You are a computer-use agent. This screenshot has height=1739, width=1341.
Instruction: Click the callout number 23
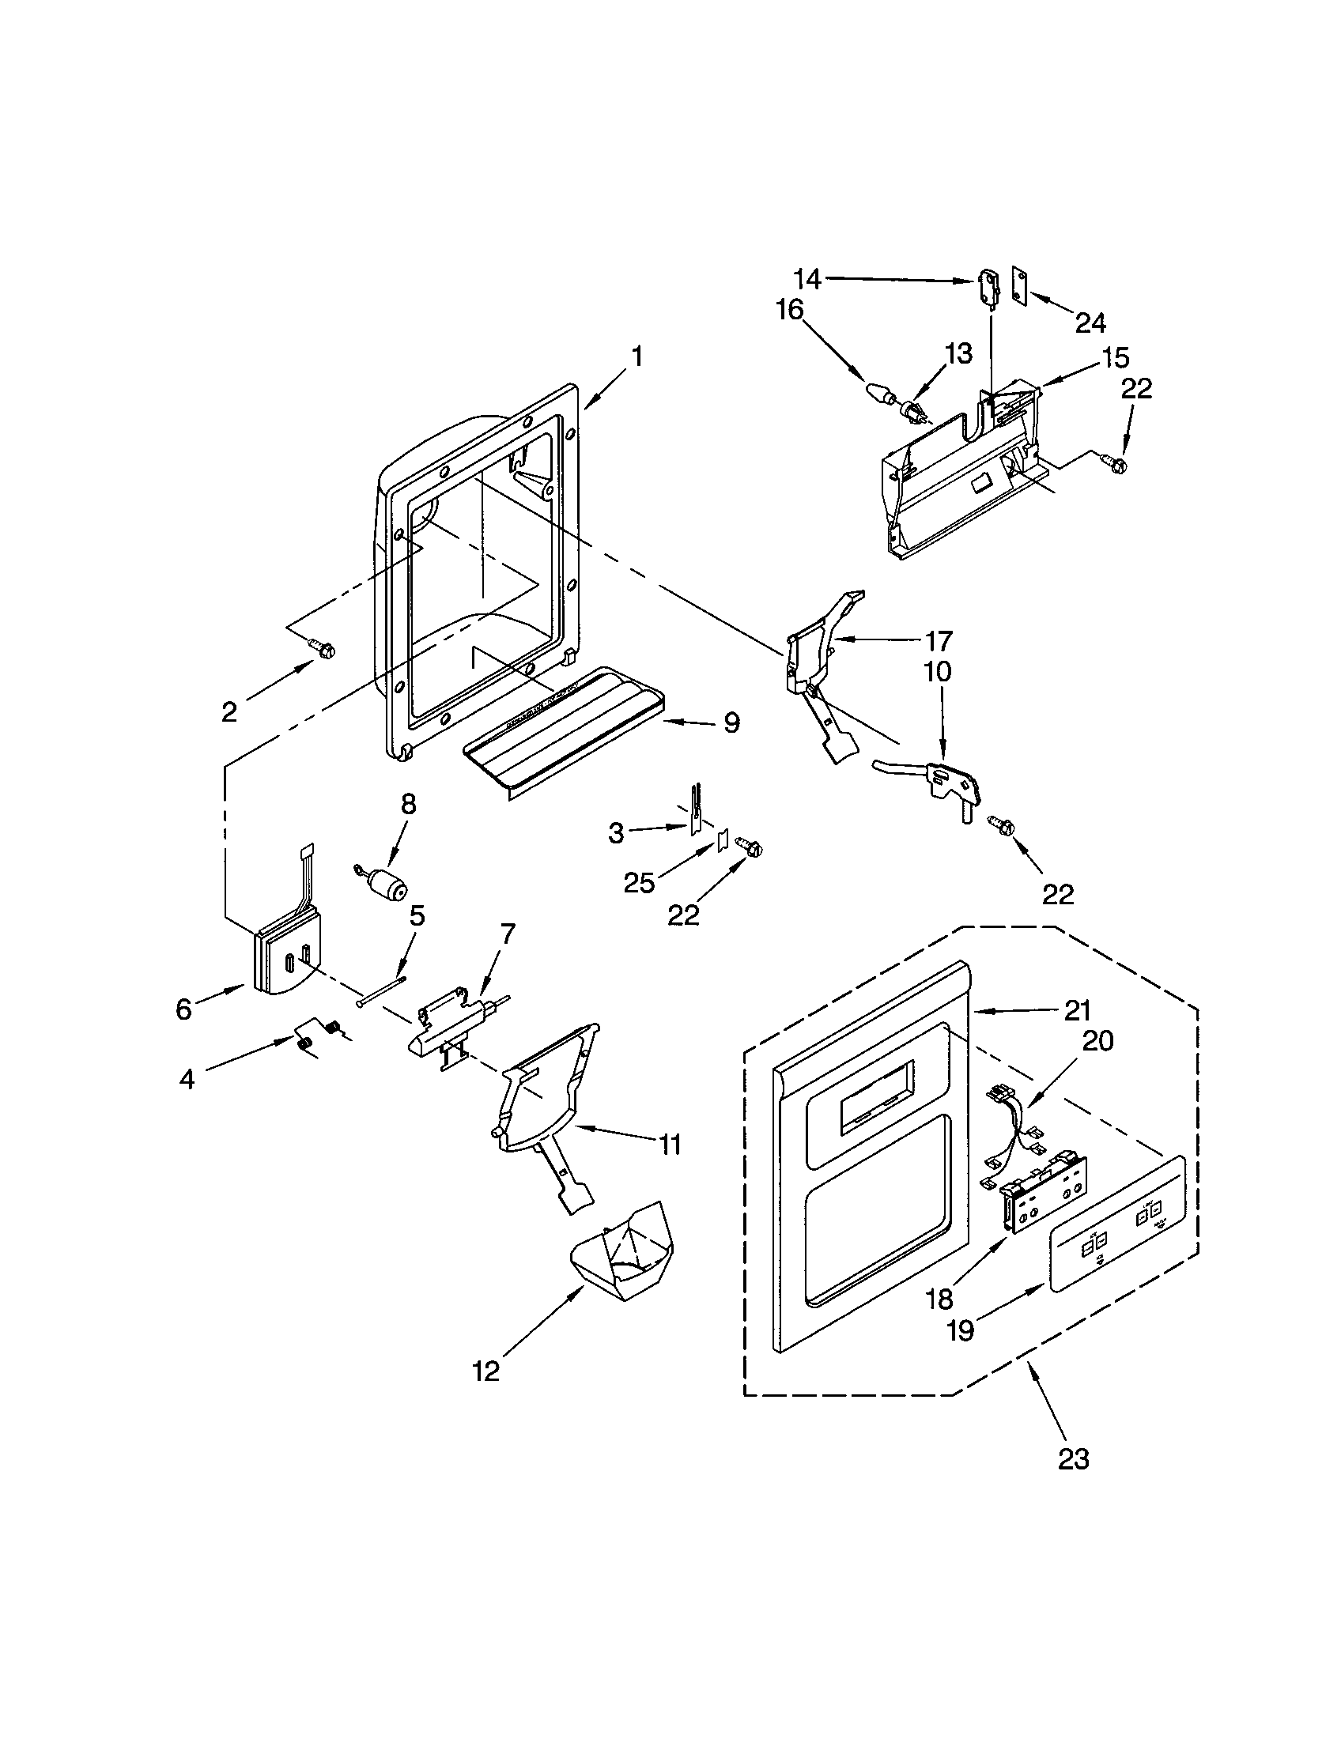click(1073, 1459)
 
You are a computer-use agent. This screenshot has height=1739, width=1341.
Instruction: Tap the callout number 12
click(485, 1371)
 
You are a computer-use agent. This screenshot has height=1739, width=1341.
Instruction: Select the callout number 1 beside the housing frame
click(637, 356)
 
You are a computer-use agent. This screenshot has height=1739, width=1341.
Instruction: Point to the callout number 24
click(1090, 323)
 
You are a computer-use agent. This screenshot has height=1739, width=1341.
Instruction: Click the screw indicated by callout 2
click(323, 650)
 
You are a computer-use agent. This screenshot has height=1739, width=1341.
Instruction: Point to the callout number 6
click(184, 1009)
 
